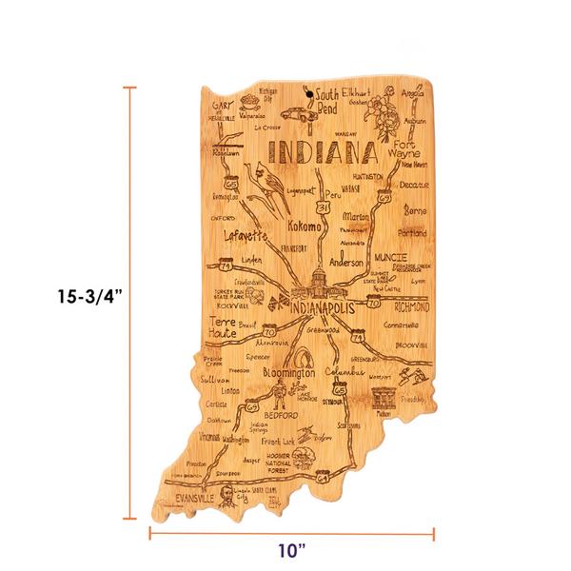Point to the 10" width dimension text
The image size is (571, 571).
tap(290, 549)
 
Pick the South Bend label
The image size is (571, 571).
tap(327, 101)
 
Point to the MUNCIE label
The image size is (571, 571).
tap(390, 257)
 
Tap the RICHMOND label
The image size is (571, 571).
tap(407, 307)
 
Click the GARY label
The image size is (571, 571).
tap(224, 103)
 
